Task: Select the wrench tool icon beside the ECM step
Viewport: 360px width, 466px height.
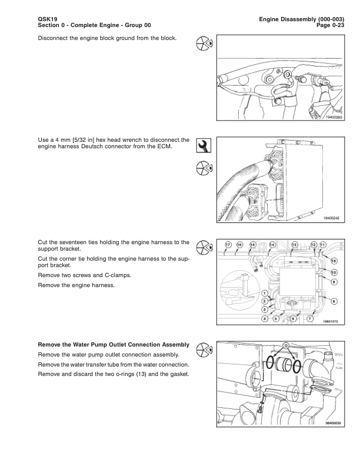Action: (x=203, y=145)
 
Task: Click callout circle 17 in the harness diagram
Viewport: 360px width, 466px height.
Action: (x=228, y=244)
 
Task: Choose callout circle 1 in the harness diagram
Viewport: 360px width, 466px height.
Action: (x=265, y=293)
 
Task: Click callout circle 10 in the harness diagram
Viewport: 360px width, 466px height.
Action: (x=334, y=272)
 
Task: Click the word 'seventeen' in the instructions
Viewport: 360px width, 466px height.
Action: (x=64, y=242)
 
